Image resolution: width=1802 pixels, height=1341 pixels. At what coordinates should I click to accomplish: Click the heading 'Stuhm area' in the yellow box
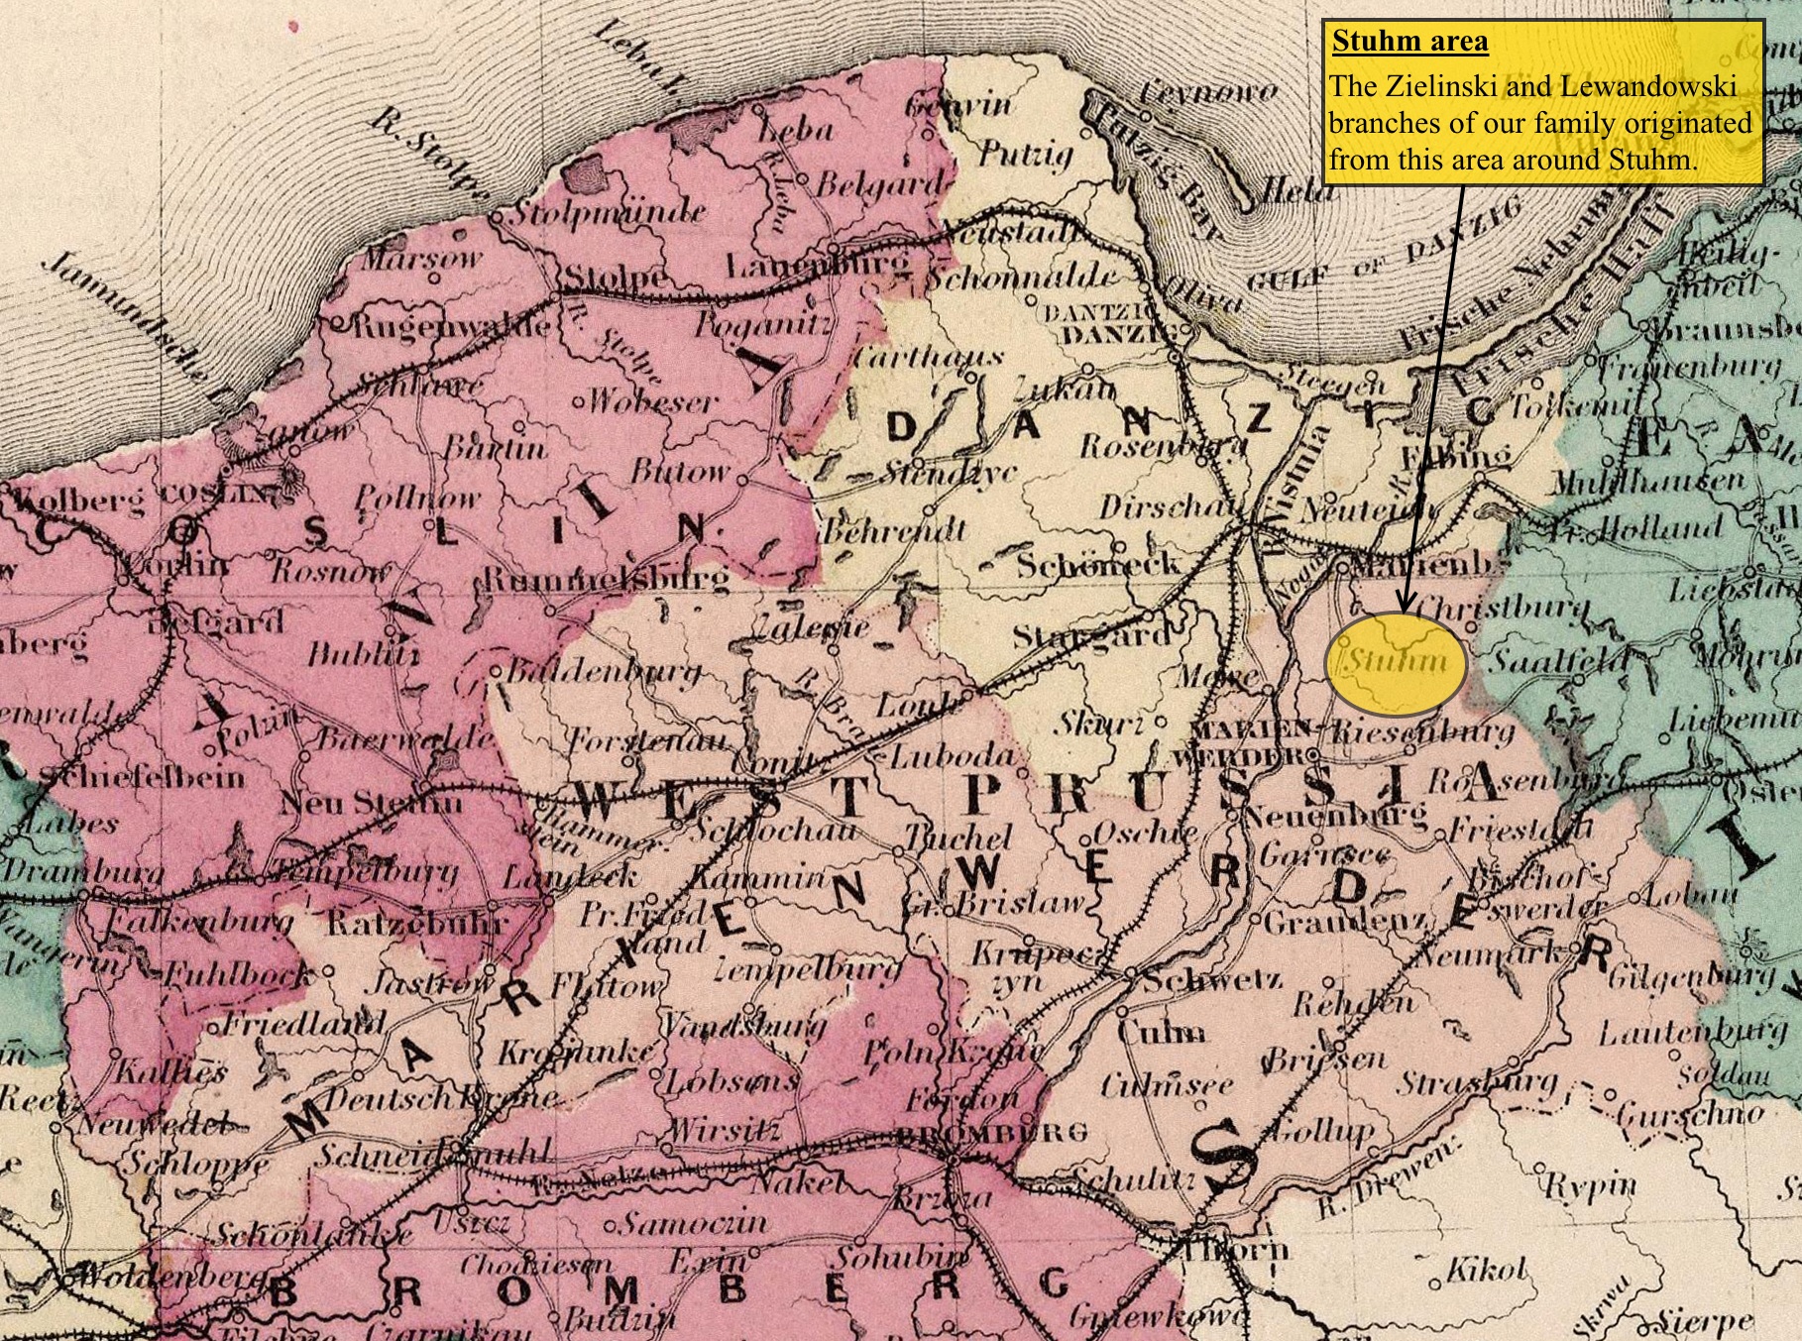1409,43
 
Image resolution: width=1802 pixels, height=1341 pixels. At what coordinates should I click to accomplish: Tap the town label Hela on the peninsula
1289,193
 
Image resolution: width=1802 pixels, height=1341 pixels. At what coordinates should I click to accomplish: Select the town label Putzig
1026,154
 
